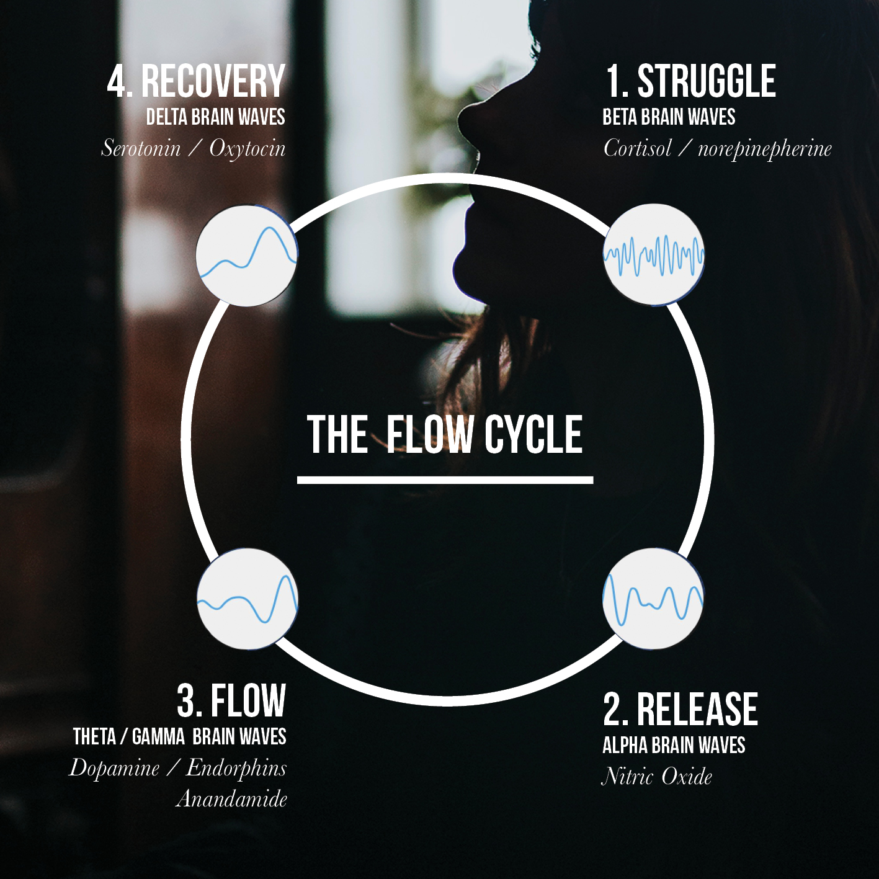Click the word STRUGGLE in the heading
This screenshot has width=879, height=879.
pyautogui.click(x=707, y=81)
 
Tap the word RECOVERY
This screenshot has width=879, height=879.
pyautogui.click(x=213, y=81)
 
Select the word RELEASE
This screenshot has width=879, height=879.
pyautogui.click(x=697, y=710)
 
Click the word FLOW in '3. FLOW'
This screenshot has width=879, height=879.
pyautogui.click(x=248, y=701)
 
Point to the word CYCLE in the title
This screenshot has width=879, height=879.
pyautogui.click(x=533, y=434)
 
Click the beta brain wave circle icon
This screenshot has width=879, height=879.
pyautogui.click(x=654, y=254)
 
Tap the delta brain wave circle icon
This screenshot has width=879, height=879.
pyautogui.click(x=247, y=256)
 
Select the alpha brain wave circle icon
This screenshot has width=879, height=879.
pyautogui.click(x=653, y=599)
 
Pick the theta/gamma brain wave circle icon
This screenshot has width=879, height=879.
pyautogui.click(x=248, y=599)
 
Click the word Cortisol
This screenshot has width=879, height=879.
pyautogui.click(x=638, y=148)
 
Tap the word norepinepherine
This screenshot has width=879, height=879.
pyautogui.click(x=764, y=149)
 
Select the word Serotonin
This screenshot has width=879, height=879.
pyautogui.click(x=141, y=148)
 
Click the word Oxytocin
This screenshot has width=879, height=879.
pyautogui.click(x=248, y=149)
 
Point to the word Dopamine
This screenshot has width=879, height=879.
pyautogui.click(x=115, y=769)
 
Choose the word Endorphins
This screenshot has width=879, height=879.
pyautogui.click(x=236, y=769)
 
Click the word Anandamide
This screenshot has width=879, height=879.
pyautogui.click(x=231, y=798)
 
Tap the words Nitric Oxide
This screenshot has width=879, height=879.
pyautogui.click(x=657, y=777)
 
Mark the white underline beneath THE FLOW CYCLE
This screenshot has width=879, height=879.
pyautogui.click(x=445, y=480)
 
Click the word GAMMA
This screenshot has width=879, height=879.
pyautogui.click(x=158, y=737)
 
